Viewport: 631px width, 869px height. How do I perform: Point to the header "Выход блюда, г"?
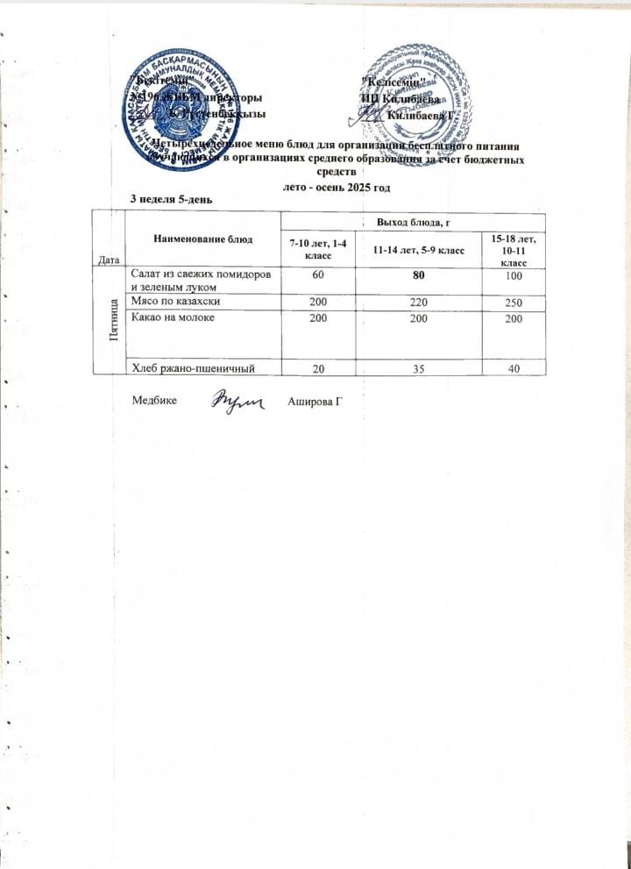pyautogui.click(x=411, y=226)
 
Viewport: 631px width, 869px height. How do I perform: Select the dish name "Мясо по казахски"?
pyautogui.click(x=175, y=301)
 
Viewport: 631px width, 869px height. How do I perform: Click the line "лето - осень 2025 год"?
pyautogui.click(x=339, y=187)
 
